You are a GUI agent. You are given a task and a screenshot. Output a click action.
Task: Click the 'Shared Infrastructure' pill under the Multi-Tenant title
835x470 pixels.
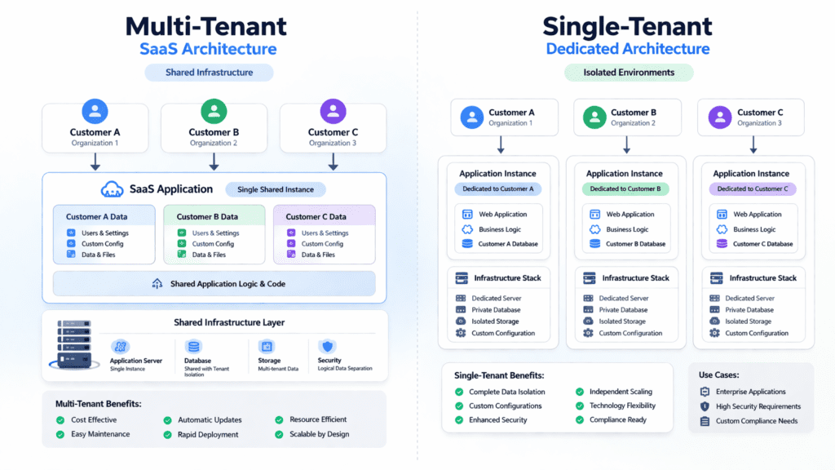click(209, 73)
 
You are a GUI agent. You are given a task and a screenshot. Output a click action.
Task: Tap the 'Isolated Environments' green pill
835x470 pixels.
click(629, 73)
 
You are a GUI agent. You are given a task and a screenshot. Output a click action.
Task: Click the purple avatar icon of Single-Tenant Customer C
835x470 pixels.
click(721, 117)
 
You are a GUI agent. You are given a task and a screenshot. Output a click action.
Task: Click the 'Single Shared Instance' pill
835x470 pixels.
click(275, 189)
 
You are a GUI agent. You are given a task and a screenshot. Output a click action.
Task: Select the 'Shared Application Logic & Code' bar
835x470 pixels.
click(214, 284)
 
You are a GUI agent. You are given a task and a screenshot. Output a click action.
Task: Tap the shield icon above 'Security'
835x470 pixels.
click(328, 346)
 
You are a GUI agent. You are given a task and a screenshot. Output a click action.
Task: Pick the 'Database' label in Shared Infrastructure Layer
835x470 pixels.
click(198, 361)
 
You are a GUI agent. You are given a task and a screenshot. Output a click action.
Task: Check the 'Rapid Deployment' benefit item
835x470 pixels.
click(208, 434)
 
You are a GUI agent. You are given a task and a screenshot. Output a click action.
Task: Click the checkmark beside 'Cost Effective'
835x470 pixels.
click(60, 419)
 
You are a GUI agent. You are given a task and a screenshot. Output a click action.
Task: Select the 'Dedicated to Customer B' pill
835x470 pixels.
click(625, 188)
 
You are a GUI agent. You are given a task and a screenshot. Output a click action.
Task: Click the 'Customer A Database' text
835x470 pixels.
click(508, 244)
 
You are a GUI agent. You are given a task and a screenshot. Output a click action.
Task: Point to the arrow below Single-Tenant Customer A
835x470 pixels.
click(501, 144)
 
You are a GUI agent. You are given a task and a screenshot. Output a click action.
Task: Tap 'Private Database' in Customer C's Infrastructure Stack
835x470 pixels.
click(749, 310)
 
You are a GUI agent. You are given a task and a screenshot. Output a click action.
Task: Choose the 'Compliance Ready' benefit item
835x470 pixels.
click(617, 419)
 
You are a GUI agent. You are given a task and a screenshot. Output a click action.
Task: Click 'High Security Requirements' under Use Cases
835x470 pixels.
click(758, 406)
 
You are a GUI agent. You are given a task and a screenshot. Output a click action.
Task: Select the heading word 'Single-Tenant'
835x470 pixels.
click(627, 26)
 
